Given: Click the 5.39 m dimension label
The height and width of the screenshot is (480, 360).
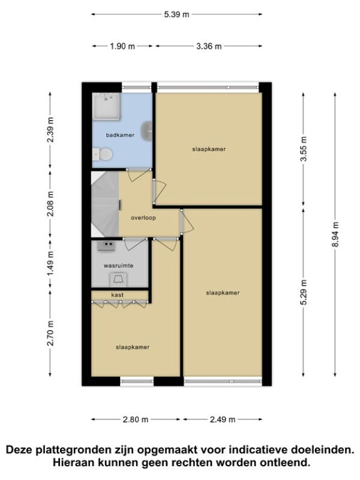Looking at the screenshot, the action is click(176, 14).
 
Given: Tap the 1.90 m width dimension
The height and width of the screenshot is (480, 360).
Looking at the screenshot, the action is click(122, 46).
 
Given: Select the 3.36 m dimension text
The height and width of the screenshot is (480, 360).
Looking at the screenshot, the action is click(209, 46).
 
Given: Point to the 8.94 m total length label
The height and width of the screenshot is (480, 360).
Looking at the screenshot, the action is click(335, 235).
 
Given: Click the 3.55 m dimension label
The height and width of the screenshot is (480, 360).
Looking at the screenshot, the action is click(304, 149).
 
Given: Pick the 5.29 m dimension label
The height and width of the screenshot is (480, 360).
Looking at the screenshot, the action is click(304, 293).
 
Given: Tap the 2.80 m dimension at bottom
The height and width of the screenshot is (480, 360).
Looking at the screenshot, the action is click(136, 419).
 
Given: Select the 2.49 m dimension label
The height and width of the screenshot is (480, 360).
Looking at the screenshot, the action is click(223, 419).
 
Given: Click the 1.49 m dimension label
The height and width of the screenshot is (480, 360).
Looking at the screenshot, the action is click(50, 263).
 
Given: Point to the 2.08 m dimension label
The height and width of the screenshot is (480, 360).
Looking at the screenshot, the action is click(50, 204).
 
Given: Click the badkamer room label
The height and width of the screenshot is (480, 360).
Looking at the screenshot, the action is click(120, 135).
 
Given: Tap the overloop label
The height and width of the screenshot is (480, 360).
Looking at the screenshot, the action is click(143, 218).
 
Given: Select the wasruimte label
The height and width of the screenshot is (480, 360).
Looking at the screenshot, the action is click(118, 266).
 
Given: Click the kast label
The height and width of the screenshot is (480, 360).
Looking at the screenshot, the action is click(117, 295).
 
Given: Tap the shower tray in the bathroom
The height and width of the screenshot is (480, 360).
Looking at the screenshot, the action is click(107, 106).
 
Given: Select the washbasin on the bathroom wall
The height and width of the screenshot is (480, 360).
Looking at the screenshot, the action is click(148, 131).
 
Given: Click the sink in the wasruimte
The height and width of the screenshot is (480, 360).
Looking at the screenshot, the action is click(106, 246).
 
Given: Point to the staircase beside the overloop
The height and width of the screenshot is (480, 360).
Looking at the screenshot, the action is click(105, 204).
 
